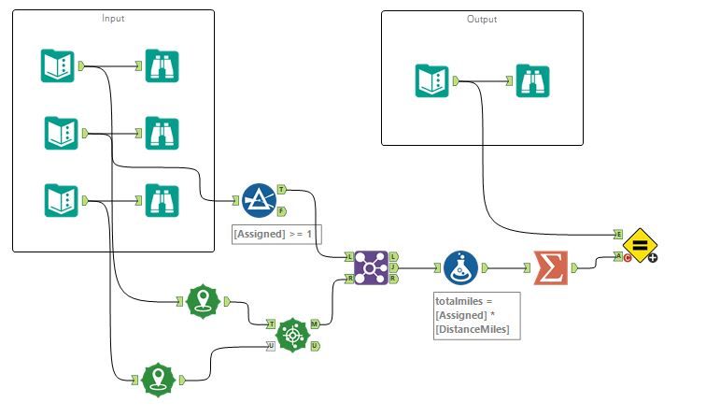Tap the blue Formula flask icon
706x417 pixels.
[x=461, y=267]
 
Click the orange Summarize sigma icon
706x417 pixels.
[x=550, y=266]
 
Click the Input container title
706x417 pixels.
[x=114, y=18]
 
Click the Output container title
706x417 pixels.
[x=482, y=19]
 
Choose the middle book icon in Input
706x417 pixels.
[x=61, y=133]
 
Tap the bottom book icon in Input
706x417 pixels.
[x=61, y=199]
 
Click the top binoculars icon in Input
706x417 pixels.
[x=162, y=66]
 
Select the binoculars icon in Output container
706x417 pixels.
[x=534, y=80]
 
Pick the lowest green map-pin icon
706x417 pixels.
[x=159, y=379]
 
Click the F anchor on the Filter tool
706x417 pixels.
[x=282, y=211]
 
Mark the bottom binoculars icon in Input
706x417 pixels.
[x=162, y=199]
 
